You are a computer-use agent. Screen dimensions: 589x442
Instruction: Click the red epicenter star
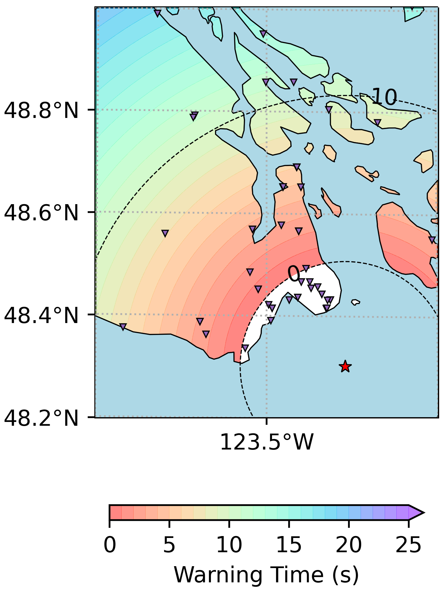click(x=345, y=366)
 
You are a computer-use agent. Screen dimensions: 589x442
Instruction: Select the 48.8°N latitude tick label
click(x=41, y=111)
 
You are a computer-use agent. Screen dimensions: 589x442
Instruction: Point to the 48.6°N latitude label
click(x=41, y=213)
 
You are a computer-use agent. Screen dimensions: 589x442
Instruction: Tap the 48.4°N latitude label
click(x=41, y=316)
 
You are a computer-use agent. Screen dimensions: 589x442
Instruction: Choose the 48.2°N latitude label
click(x=41, y=418)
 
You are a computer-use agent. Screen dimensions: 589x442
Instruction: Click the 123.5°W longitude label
click(x=266, y=442)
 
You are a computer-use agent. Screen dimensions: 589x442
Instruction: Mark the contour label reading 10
click(x=384, y=97)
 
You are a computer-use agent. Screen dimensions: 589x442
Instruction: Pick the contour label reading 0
click(x=294, y=274)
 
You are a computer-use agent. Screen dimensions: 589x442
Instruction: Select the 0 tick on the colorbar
click(x=110, y=545)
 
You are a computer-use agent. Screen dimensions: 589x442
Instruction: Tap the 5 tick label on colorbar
click(x=169, y=545)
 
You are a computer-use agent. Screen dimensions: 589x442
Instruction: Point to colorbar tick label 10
click(x=229, y=545)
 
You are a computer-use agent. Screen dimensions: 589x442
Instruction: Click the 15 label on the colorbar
click(x=289, y=545)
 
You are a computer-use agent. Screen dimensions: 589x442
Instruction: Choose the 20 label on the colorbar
click(x=349, y=545)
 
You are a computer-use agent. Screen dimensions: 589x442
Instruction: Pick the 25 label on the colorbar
click(x=408, y=545)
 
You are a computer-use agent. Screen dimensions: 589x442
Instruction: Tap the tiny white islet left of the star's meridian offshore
click(x=356, y=302)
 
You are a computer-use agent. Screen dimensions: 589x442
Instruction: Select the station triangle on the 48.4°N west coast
click(x=123, y=327)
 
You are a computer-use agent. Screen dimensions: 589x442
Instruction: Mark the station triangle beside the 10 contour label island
click(x=377, y=122)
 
